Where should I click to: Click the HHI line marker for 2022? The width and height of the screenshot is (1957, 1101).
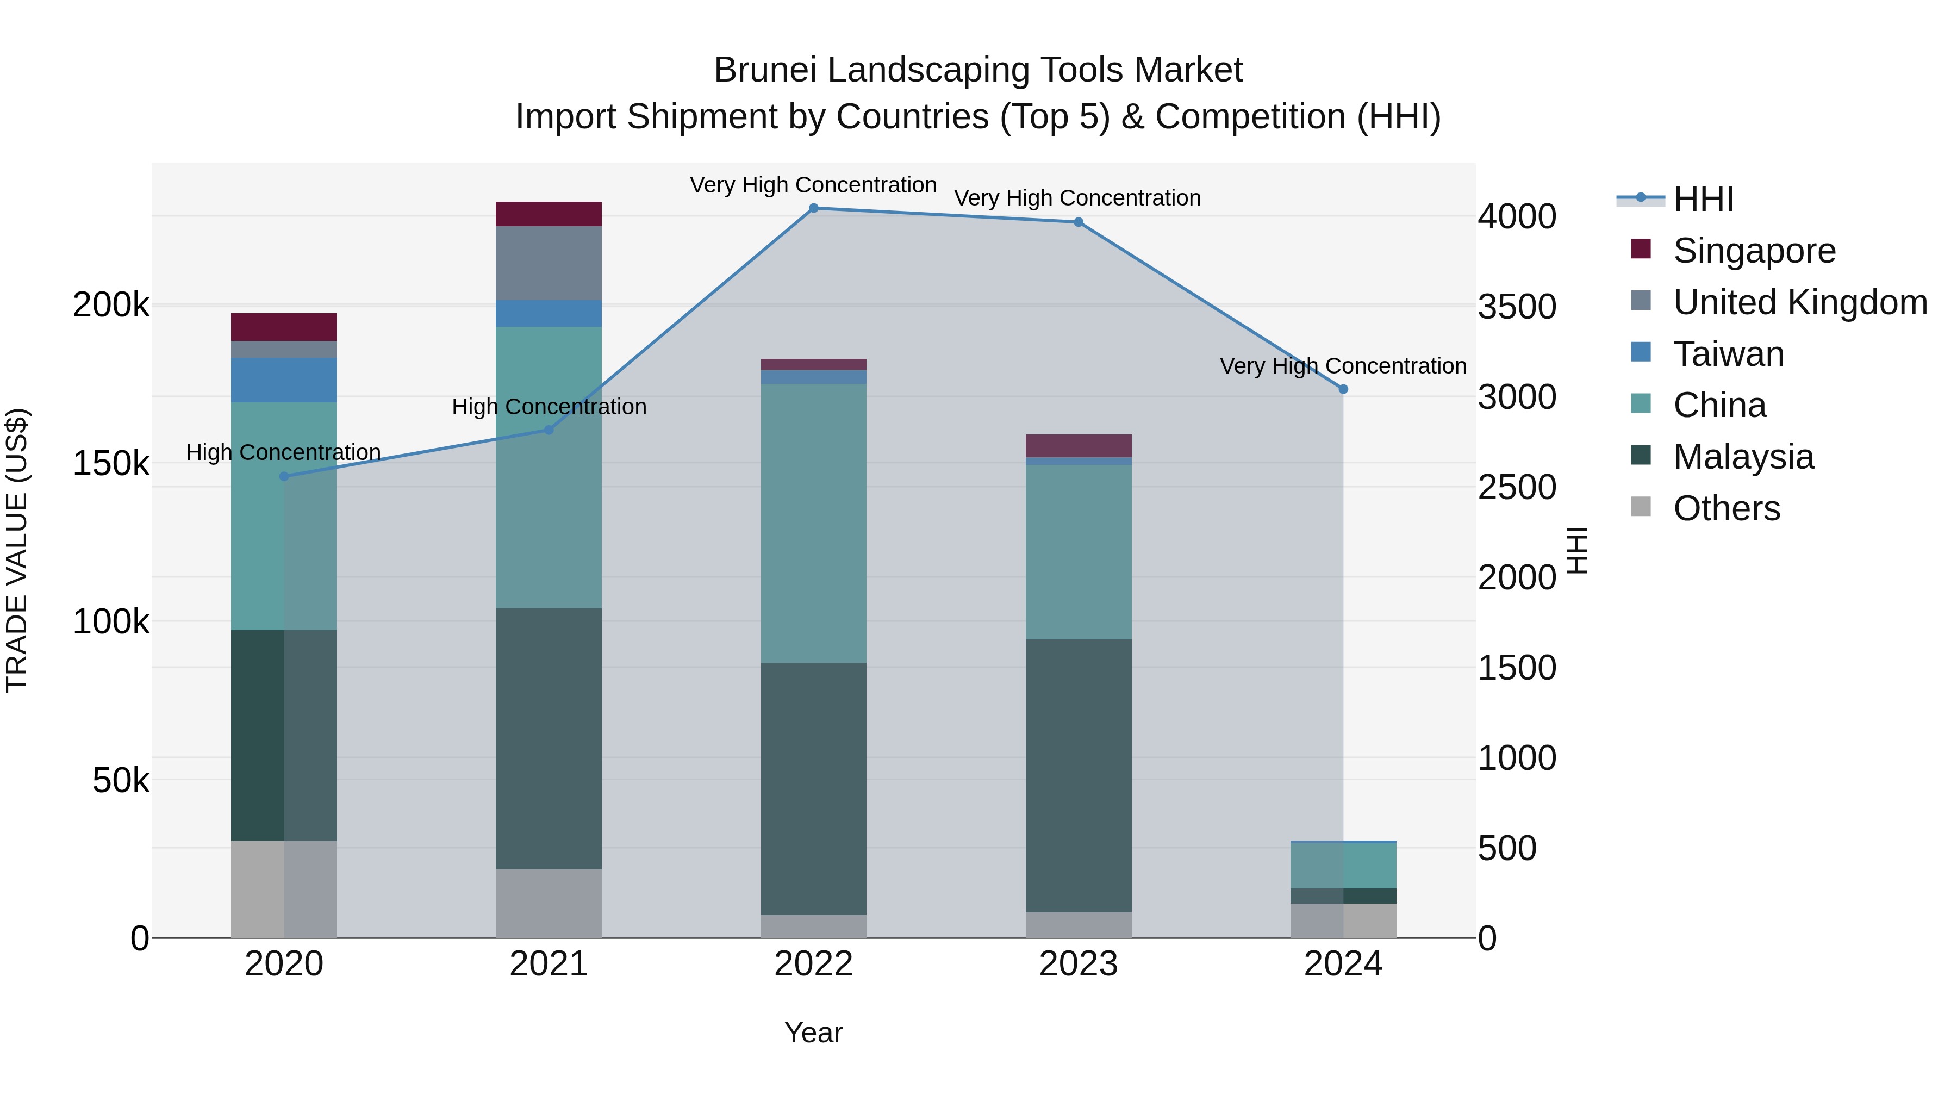[x=814, y=208]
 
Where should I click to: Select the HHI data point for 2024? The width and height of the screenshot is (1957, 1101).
[x=1343, y=389]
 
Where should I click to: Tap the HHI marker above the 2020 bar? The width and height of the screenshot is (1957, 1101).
[x=284, y=476]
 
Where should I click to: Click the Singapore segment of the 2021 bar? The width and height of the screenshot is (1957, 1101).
[x=549, y=214]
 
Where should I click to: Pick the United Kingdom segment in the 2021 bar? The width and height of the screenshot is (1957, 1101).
[x=549, y=263]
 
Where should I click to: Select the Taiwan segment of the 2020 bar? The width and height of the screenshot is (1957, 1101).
[x=284, y=380]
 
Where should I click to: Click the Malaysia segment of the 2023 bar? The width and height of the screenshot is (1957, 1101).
[x=1078, y=775]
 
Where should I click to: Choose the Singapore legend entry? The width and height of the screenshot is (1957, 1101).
[x=1753, y=251]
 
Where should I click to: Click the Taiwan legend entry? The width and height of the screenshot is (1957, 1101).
[x=1728, y=354]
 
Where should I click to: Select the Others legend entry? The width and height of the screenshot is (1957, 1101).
[x=1726, y=508]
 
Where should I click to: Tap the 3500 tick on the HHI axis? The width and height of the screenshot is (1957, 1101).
[x=1516, y=307]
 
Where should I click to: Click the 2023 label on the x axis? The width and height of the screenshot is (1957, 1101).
[x=1078, y=964]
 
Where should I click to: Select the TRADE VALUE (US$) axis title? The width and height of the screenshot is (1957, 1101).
[x=17, y=550]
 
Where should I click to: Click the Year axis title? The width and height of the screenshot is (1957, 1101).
[x=814, y=1032]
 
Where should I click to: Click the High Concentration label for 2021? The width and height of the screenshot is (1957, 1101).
[x=549, y=407]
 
